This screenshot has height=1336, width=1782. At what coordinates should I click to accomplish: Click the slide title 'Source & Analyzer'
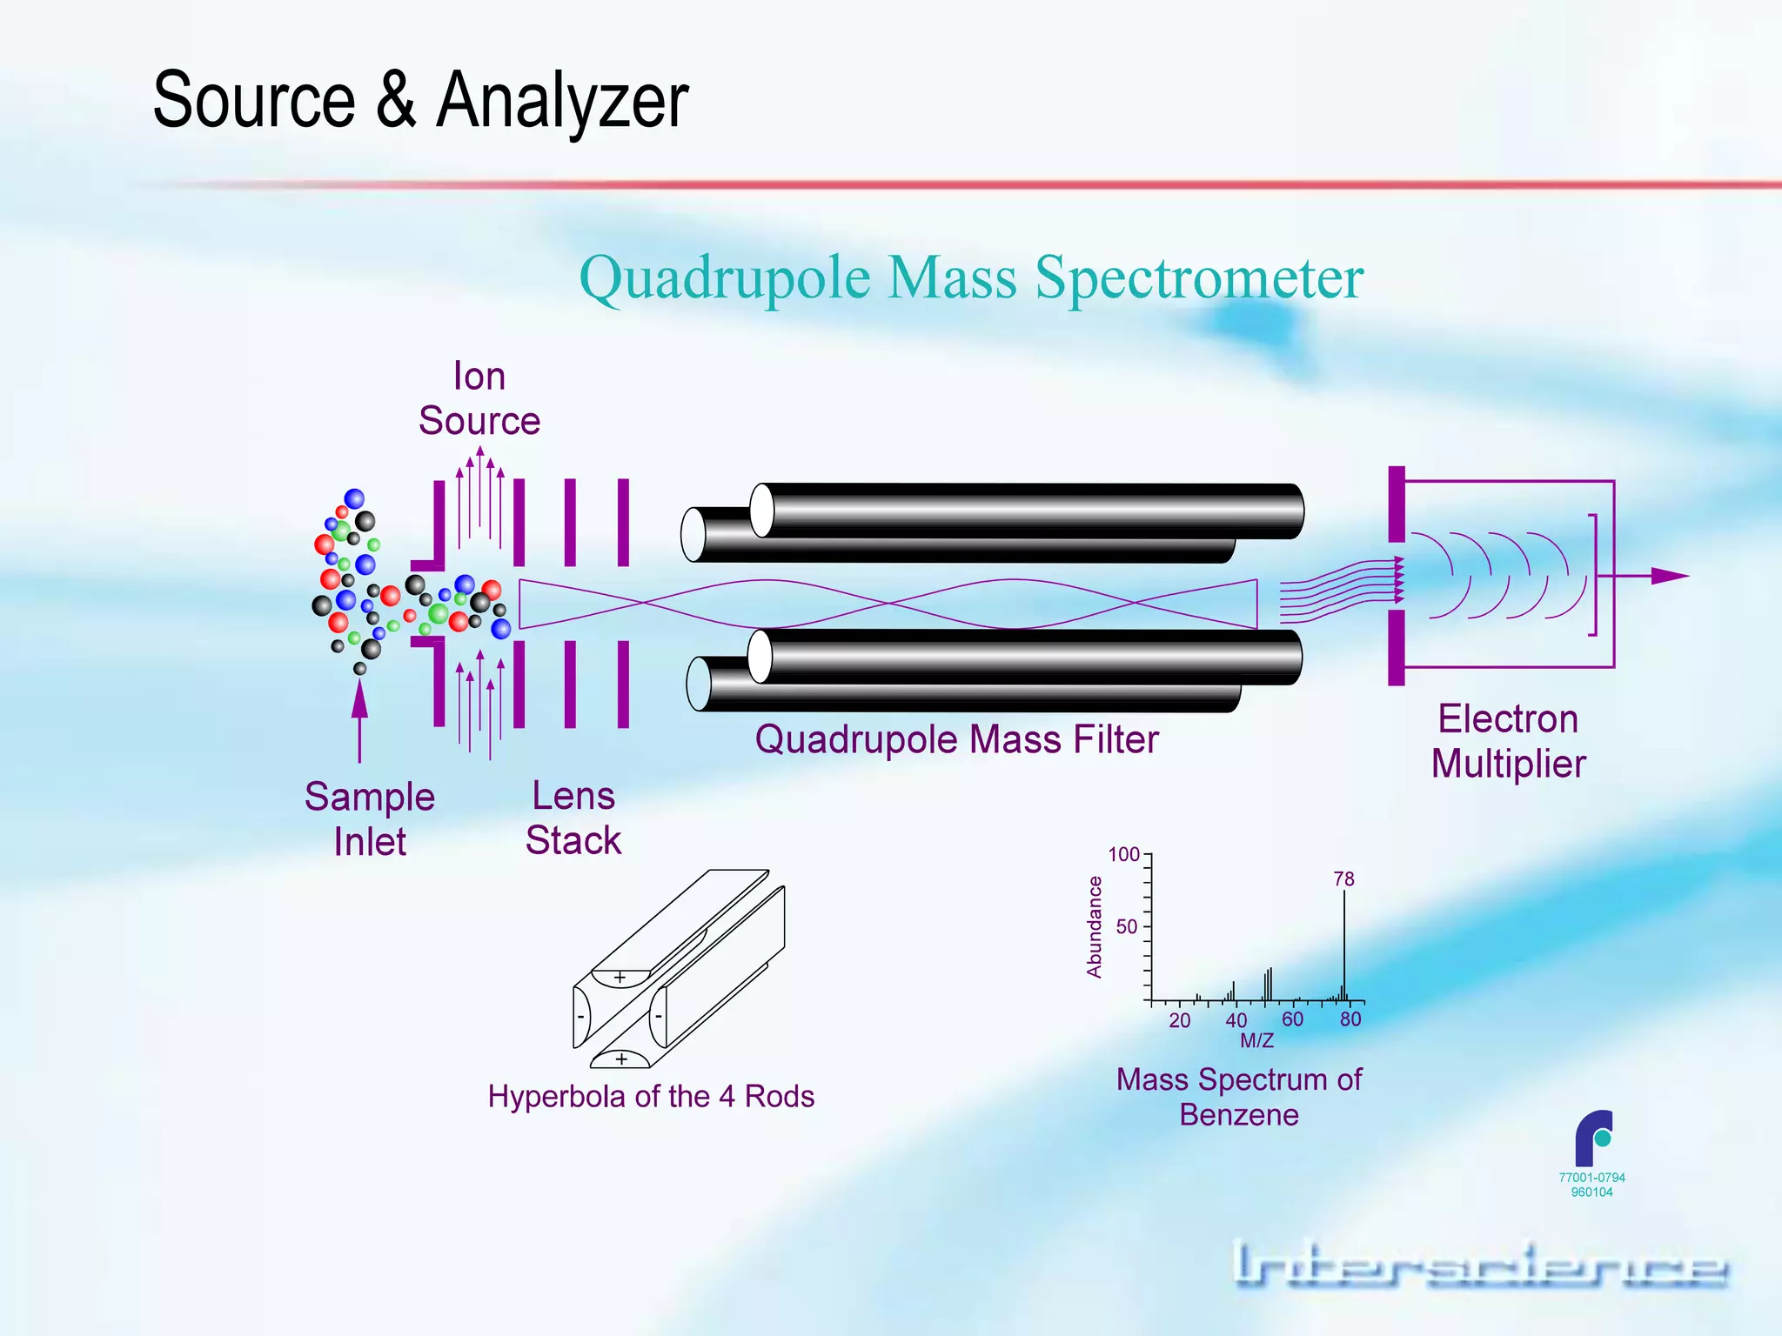[x=420, y=100]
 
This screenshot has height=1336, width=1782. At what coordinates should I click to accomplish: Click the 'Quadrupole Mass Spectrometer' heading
[x=971, y=278]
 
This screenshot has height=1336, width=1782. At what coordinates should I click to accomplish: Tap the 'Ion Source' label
[x=479, y=399]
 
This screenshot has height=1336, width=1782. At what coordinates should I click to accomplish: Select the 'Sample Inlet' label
[x=370, y=819]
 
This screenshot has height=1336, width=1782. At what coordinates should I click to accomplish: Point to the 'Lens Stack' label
[x=573, y=818]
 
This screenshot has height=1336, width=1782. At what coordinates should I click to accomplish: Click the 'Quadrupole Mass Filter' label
[x=956, y=740]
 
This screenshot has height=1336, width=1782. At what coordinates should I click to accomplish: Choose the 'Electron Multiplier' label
[x=1508, y=742]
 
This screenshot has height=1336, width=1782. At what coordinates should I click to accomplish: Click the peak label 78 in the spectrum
[x=1343, y=879]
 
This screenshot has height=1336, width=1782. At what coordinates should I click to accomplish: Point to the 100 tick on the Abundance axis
[x=1124, y=854]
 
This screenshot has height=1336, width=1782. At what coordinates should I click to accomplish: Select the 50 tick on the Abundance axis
[x=1128, y=927]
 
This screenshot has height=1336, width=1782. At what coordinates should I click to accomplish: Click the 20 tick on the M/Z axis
[x=1179, y=1020]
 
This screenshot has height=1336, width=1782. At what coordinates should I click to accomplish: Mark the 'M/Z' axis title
[x=1257, y=1040]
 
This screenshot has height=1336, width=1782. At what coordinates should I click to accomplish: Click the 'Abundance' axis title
[x=1095, y=927]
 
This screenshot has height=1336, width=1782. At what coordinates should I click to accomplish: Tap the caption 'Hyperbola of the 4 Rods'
[x=651, y=1097]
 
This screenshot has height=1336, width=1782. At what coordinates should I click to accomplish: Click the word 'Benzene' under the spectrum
[x=1239, y=1115]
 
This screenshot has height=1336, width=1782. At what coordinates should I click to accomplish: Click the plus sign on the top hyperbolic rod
[x=620, y=978]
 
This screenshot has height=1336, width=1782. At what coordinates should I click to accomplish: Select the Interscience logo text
[x=1479, y=1266]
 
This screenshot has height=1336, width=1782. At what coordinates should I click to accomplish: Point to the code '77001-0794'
[x=1591, y=1178]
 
